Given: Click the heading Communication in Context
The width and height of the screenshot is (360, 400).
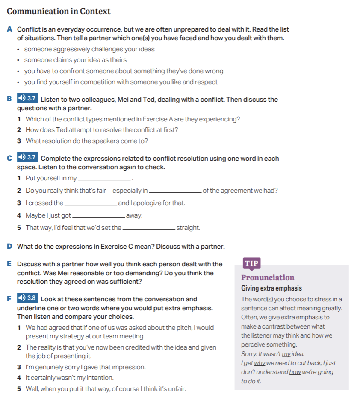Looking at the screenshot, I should (59, 11).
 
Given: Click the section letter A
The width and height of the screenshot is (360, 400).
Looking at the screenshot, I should (9, 29).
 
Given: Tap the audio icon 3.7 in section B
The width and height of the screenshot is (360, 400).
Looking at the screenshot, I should (27, 98).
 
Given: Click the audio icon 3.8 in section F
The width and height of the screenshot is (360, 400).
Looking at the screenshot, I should (27, 298).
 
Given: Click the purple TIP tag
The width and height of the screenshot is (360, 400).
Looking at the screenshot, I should (251, 263).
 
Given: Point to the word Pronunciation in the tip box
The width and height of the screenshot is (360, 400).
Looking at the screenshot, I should (268, 278).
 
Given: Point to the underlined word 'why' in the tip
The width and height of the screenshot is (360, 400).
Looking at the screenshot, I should (259, 363).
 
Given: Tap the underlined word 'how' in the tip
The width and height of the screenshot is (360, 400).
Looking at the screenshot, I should (295, 372).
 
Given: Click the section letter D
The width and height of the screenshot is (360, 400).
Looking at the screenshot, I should (9, 247).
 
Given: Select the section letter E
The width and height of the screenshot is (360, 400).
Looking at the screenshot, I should (9, 264).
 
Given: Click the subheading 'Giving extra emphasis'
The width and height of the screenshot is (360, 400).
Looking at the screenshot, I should (271, 288).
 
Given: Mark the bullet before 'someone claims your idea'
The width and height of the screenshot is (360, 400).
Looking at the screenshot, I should (18, 60).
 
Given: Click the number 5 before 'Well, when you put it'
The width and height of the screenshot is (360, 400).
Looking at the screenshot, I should (19, 389).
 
